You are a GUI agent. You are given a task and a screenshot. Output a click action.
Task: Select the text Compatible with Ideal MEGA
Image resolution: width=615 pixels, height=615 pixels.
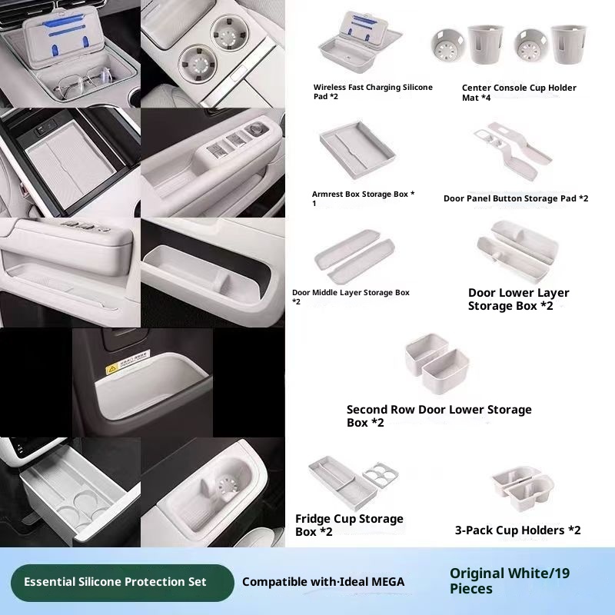[x=323, y=582]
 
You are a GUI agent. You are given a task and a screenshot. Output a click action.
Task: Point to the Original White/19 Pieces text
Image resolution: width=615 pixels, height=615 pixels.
[x=510, y=581]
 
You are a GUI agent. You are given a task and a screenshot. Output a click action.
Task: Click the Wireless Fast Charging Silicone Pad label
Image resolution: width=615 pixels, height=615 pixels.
[x=373, y=91]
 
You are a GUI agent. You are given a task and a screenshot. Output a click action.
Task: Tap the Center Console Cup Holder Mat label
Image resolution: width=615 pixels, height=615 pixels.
[x=519, y=92]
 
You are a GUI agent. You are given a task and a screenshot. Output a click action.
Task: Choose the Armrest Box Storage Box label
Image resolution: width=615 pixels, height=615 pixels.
[x=363, y=198]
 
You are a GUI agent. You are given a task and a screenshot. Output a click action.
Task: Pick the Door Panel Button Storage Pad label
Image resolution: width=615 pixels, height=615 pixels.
[x=516, y=198]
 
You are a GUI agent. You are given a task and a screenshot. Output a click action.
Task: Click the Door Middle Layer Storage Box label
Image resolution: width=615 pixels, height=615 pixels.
[x=351, y=297]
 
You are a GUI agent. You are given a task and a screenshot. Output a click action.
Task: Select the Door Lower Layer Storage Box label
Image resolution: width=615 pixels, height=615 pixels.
[x=518, y=299]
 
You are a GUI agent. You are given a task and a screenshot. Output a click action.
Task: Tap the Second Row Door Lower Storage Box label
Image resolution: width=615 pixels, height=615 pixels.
[x=439, y=416]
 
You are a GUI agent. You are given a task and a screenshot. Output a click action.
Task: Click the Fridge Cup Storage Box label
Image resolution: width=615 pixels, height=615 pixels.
[x=349, y=525]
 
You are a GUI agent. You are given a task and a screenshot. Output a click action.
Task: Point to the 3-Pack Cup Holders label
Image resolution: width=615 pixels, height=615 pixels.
[x=517, y=530]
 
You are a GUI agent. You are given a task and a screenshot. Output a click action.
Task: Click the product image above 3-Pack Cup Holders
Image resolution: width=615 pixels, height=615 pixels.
[x=523, y=488]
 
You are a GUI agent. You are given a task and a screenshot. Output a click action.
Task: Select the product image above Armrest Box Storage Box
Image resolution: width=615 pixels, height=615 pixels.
[x=357, y=150]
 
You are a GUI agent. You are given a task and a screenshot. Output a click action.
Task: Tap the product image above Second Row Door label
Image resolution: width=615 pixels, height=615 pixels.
[x=437, y=363]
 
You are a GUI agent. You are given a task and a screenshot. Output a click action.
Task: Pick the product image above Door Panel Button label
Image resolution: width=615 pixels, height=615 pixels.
[x=513, y=151]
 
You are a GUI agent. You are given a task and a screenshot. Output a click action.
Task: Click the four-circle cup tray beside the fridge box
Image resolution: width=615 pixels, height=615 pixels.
[x=381, y=474]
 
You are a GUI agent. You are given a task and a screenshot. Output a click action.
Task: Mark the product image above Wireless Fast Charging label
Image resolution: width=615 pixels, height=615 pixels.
[x=360, y=42]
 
